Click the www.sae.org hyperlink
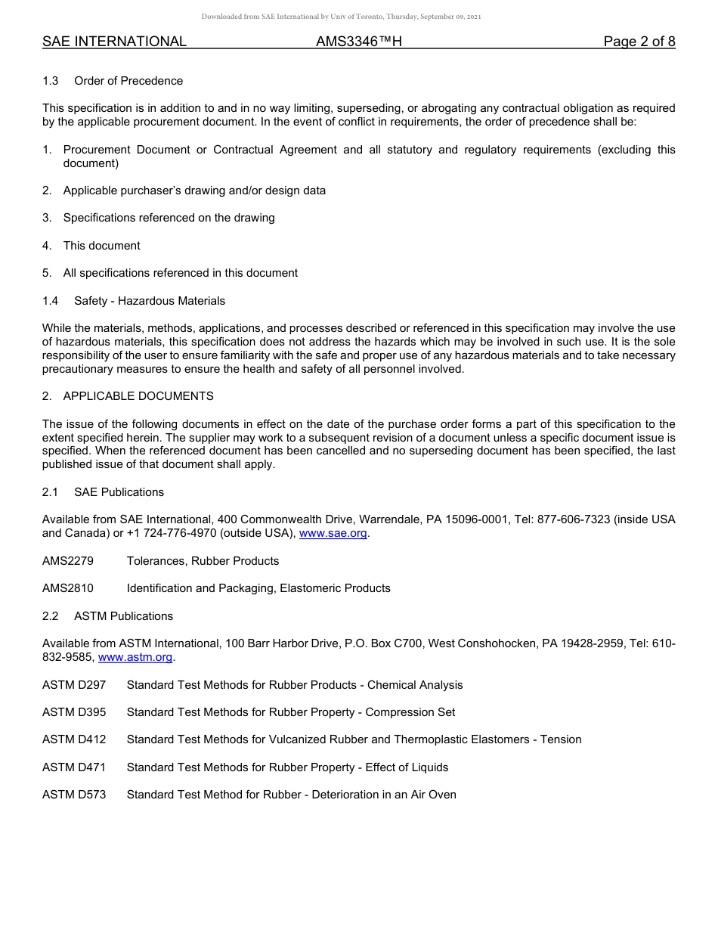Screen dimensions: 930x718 click(x=333, y=533)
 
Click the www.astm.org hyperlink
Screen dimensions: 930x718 click(x=136, y=657)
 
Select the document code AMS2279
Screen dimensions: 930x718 click(x=68, y=561)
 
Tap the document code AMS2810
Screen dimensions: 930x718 click(x=68, y=588)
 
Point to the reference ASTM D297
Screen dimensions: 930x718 click(x=74, y=685)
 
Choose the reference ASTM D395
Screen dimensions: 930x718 click(x=74, y=712)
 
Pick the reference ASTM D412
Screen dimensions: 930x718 click(x=74, y=739)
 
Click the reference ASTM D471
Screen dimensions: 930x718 click(x=74, y=767)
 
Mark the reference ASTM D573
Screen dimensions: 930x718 click(x=74, y=795)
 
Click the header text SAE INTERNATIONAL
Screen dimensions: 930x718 click(x=114, y=42)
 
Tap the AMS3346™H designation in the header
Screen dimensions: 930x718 click(x=359, y=42)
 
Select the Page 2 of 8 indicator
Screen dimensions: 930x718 click(x=639, y=42)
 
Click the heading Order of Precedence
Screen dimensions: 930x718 click(x=128, y=81)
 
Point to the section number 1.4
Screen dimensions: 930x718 click(x=51, y=301)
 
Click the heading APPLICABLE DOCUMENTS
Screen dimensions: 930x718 click(x=138, y=396)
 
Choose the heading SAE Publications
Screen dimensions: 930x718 click(x=119, y=492)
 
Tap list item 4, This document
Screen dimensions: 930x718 click(x=101, y=246)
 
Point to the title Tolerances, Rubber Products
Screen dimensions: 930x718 click(x=203, y=561)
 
